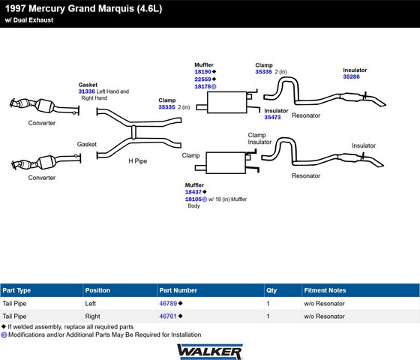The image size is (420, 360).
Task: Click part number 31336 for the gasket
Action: click(x=86, y=91)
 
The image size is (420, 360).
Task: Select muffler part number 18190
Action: click(x=202, y=72)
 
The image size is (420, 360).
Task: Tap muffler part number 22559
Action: click(x=202, y=79)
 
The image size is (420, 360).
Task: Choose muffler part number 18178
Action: click(x=202, y=86)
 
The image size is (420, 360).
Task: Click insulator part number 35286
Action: click(x=351, y=76)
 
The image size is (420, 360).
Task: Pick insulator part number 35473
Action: click(x=272, y=117)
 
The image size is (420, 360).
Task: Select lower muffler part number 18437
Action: click(x=193, y=192)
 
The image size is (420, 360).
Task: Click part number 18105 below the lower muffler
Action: click(x=193, y=199)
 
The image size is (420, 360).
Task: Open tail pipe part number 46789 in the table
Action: click(x=168, y=304)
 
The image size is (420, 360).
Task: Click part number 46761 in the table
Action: click(x=168, y=316)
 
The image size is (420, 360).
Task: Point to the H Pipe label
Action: click(x=138, y=161)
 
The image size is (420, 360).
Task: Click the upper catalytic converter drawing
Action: click(x=44, y=106)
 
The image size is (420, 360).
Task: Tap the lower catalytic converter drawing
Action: click(x=46, y=162)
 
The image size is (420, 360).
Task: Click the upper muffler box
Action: click(x=226, y=102)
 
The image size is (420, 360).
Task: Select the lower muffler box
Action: click(x=226, y=163)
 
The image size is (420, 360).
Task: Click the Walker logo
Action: click(x=210, y=352)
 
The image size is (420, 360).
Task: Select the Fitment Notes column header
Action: click(x=325, y=290)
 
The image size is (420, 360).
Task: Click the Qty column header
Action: click(x=271, y=290)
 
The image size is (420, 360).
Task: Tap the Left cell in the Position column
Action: click(x=91, y=304)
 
